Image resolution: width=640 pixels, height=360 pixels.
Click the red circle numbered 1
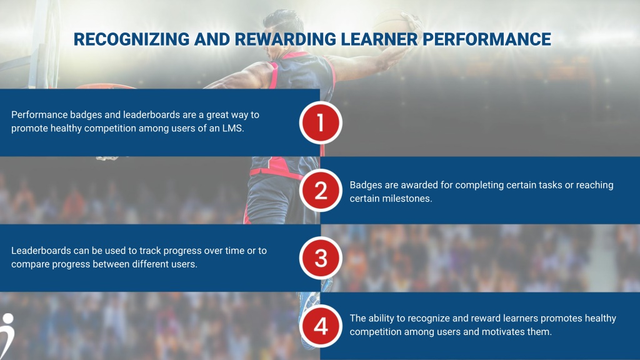tap(321, 123)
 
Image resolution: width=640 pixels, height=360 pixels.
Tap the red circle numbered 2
tap(321, 191)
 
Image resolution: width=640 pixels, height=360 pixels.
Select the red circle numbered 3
tap(321, 258)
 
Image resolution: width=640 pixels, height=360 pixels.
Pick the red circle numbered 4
tap(321, 326)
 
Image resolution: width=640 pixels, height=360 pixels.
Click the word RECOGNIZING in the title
tap(131, 39)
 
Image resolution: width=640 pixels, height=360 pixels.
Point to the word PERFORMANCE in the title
tap(486, 39)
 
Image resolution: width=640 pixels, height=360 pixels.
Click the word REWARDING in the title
tap(286, 39)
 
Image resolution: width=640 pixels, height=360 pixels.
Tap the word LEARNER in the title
tap(379, 39)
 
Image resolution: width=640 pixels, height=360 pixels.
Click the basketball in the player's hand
tap(392, 24)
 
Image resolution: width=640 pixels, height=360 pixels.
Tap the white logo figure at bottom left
tap(6, 336)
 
